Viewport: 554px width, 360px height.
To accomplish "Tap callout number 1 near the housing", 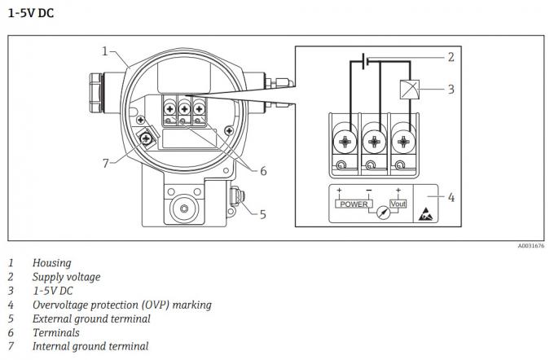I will coord(105,50).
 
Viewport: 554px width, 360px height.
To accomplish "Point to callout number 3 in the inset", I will coord(451,88).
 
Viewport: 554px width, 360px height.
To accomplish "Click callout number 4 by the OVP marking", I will coord(451,196).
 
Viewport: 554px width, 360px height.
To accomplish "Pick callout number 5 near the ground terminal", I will coord(262,214).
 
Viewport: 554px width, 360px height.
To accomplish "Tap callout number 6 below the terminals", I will coord(263,170).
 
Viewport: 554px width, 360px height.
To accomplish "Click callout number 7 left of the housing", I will coord(105,162).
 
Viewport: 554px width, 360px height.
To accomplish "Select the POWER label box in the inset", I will coord(354,204).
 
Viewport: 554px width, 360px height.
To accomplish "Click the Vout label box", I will coord(398,204).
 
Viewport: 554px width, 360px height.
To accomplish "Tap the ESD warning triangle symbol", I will coord(426,214).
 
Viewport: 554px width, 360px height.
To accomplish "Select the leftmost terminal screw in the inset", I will coord(345,142).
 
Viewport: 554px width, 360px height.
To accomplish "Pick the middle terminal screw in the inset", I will coord(374,142).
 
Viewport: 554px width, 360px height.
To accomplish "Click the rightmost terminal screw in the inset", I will coord(402,142).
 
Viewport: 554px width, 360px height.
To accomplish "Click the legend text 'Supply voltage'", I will coord(67,277).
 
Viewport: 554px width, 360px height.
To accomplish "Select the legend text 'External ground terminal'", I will coord(91,318).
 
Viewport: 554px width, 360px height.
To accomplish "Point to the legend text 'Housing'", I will coord(51,263).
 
